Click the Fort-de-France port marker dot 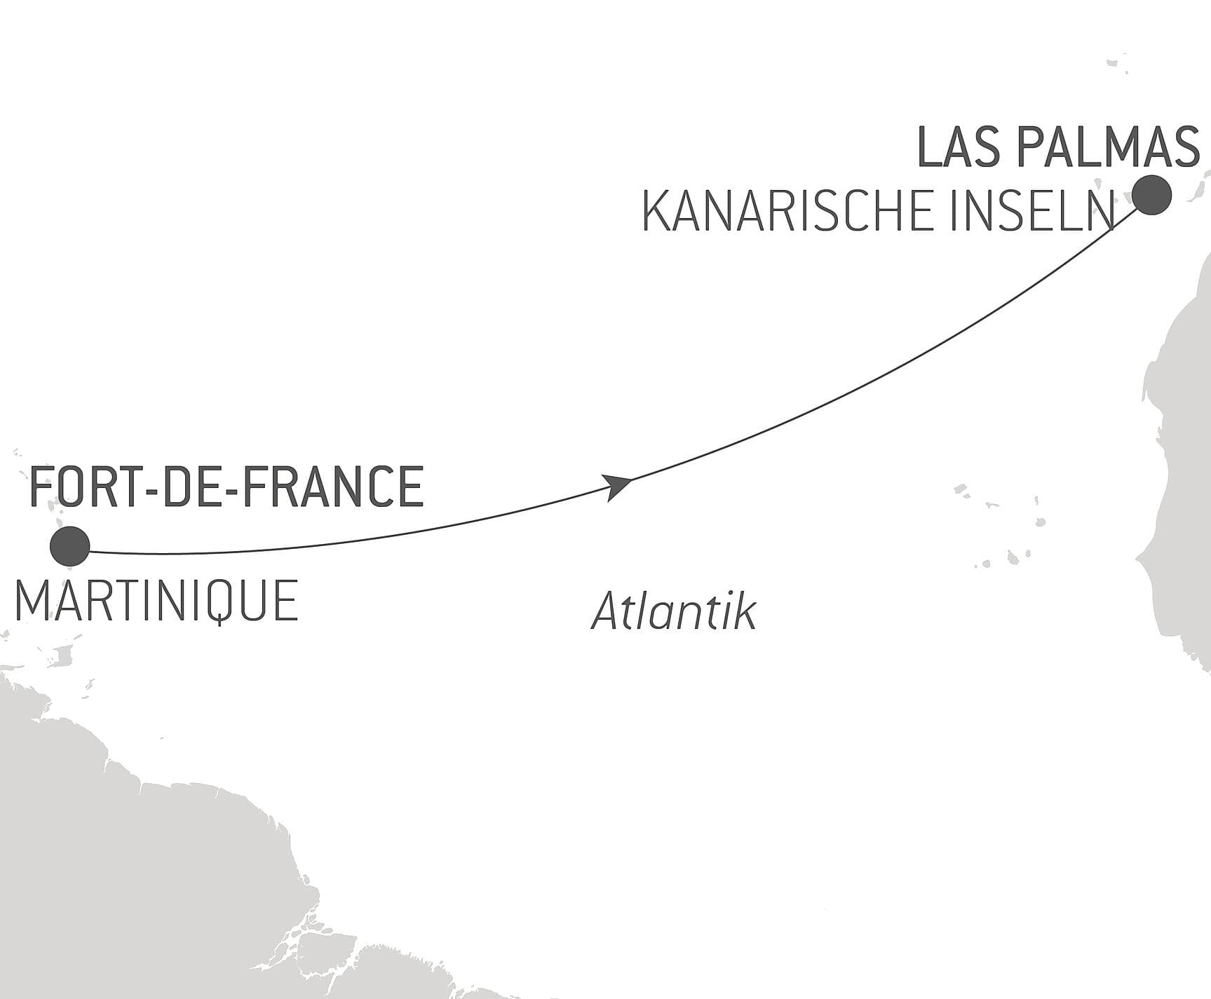pos(70,546)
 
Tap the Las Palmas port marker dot pos(1152,196)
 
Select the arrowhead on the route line pos(618,484)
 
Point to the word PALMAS pos(1109,148)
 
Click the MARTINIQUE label pos(156,601)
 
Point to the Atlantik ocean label pos(674,611)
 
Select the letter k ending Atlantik pos(745,611)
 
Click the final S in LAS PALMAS pos(1184,148)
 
